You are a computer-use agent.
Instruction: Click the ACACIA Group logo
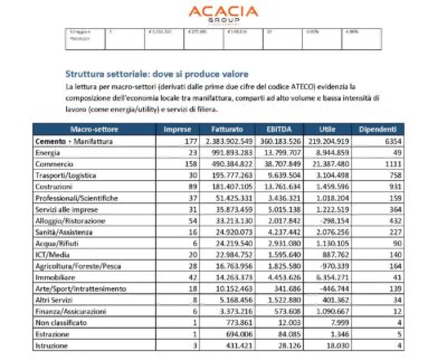tap(223, 13)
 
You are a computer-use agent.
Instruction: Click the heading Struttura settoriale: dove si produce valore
tap(157, 74)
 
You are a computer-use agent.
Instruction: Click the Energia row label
tap(48, 153)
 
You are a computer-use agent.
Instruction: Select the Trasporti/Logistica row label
tap(66, 176)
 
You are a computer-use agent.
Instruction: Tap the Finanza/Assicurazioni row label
tap(70, 311)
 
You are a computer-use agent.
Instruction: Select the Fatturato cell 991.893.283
tap(230, 153)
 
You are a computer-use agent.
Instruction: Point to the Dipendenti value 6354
tap(392, 141)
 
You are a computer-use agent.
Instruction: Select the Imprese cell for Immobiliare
tap(186, 277)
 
